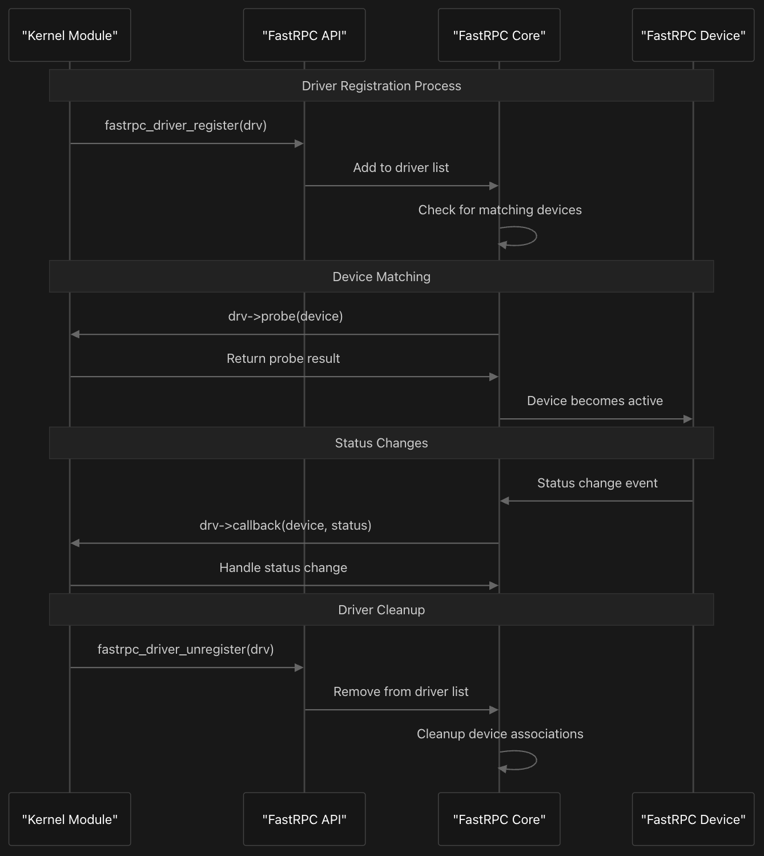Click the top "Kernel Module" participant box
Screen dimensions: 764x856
(x=70, y=35)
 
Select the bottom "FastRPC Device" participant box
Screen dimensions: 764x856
(x=693, y=819)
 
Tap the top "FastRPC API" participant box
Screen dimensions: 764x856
(x=304, y=35)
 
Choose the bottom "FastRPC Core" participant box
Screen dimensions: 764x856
(x=499, y=819)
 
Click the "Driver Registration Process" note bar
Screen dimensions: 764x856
(x=381, y=85)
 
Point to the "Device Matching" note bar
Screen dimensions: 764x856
(x=381, y=277)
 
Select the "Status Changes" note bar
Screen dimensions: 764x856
(x=381, y=443)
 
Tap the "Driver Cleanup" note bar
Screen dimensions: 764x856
(x=381, y=609)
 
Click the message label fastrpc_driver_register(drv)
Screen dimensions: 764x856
(x=186, y=126)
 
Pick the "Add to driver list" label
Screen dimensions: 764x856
(x=401, y=168)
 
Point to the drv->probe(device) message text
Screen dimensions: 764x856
(x=286, y=316)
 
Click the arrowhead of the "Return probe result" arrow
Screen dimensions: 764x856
(x=494, y=377)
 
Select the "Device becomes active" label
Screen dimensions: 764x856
(x=595, y=401)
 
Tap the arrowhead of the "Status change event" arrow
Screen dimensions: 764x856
(x=505, y=501)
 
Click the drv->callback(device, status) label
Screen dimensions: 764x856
(x=286, y=525)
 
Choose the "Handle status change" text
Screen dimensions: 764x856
(x=283, y=567)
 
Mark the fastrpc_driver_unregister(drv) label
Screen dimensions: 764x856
(x=186, y=649)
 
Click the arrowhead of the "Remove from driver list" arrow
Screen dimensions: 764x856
(x=494, y=710)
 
